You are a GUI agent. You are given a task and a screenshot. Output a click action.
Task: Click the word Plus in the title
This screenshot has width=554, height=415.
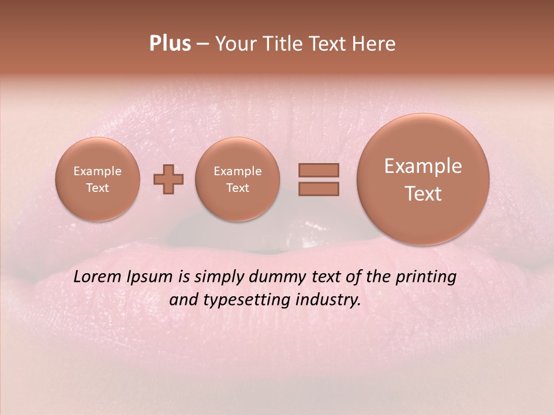[170, 44]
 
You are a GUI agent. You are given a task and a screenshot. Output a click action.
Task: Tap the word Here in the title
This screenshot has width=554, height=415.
[375, 44]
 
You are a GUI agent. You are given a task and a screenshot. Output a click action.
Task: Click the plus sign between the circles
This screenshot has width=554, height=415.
[169, 179]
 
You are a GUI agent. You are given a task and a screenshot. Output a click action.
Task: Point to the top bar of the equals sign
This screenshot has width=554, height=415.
[318, 170]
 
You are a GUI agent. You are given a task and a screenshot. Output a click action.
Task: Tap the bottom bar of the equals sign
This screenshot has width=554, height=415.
[318, 188]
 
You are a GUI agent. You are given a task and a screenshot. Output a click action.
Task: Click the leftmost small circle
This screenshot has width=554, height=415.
[98, 179]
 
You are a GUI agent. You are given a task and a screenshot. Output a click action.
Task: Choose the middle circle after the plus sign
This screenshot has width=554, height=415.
[238, 179]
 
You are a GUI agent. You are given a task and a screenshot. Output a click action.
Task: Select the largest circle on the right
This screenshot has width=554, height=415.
[423, 179]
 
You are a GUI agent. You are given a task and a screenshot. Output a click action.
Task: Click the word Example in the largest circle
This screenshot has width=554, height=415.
[423, 166]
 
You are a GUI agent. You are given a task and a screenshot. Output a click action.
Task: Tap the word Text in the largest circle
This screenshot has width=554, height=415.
[423, 194]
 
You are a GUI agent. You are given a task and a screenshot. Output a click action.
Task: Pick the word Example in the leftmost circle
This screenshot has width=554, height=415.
[98, 171]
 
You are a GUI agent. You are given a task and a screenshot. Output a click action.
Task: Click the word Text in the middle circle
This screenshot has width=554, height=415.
[238, 188]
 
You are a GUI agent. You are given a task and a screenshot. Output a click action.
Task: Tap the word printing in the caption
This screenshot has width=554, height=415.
[425, 277]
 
